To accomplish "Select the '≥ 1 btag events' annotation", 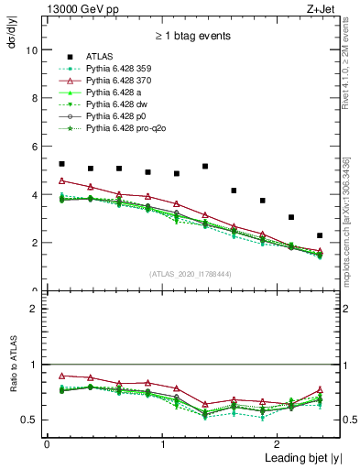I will [193, 36].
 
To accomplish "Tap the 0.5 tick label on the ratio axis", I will [30, 420].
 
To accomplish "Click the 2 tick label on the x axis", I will [279, 443].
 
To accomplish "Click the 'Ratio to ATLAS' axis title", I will [13, 392].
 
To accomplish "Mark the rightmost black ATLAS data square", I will [320, 235].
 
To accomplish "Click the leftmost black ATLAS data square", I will [61, 164].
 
